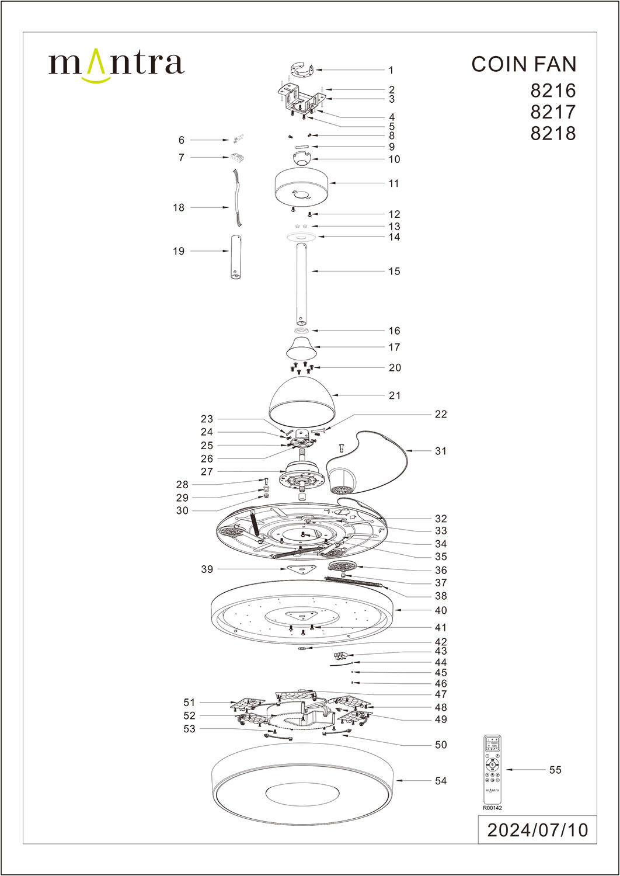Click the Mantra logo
[x=116, y=64]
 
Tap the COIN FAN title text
[x=523, y=64]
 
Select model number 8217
[x=552, y=112]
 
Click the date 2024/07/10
[x=537, y=830]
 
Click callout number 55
[x=555, y=770]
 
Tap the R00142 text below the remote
[x=492, y=808]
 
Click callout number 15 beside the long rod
[x=394, y=271]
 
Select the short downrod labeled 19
[x=236, y=257]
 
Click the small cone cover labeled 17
[x=301, y=349]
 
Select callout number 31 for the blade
[x=440, y=451]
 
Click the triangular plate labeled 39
[x=301, y=569]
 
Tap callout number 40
[x=441, y=610]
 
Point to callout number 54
[x=441, y=781]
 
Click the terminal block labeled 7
[x=236, y=158]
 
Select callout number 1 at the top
[x=391, y=70]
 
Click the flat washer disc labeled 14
[x=301, y=236]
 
